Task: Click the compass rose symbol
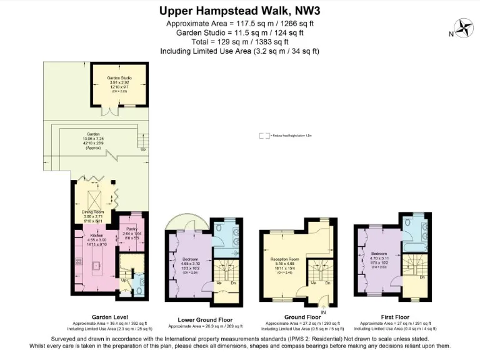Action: (x=464, y=27)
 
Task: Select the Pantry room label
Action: (x=131, y=229)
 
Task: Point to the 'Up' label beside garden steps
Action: (x=143, y=149)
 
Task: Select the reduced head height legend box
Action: (x=265, y=134)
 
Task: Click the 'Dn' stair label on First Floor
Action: (x=422, y=277)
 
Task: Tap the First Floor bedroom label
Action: (x=379, y=254)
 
